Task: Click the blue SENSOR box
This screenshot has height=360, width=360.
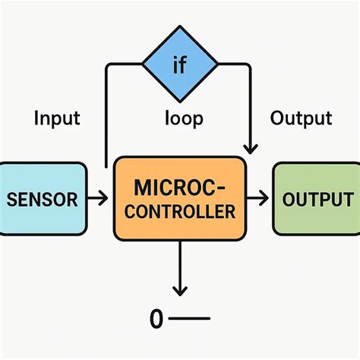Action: (43, 199)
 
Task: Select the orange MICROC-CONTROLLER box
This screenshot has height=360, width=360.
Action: (179, 199)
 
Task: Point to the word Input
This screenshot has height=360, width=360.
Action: (57, 118)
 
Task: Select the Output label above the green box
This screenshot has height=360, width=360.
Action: (301, 118)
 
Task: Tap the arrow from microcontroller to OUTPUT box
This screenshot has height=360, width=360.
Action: (258, 199)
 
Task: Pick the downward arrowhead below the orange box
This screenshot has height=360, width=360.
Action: (179, 291)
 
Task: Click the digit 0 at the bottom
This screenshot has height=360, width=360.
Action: (156, 320)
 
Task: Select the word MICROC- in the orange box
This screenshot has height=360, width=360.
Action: (179, 187)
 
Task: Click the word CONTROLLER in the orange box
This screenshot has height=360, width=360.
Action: (179, 212)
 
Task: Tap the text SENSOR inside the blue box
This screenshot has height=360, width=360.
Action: (43, 200)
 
